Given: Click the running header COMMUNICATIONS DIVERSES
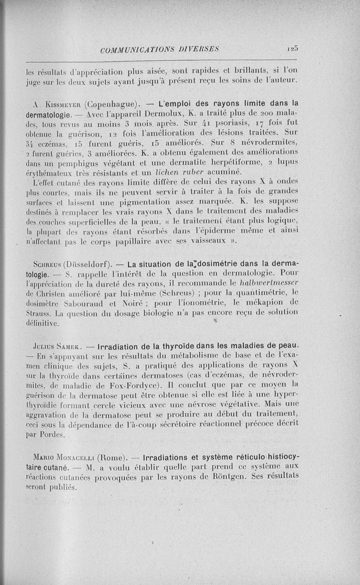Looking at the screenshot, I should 161,49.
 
